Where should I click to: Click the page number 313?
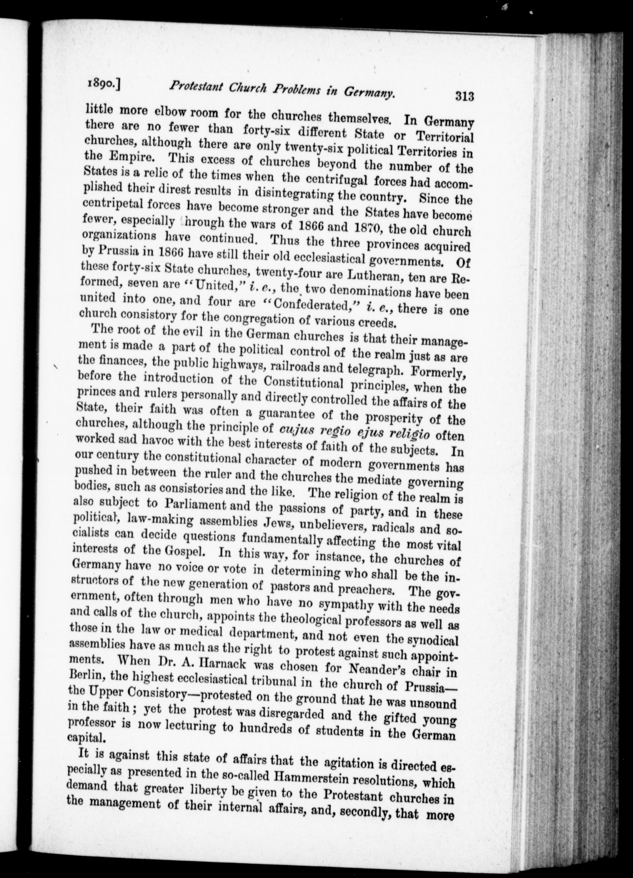[465, 96]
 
